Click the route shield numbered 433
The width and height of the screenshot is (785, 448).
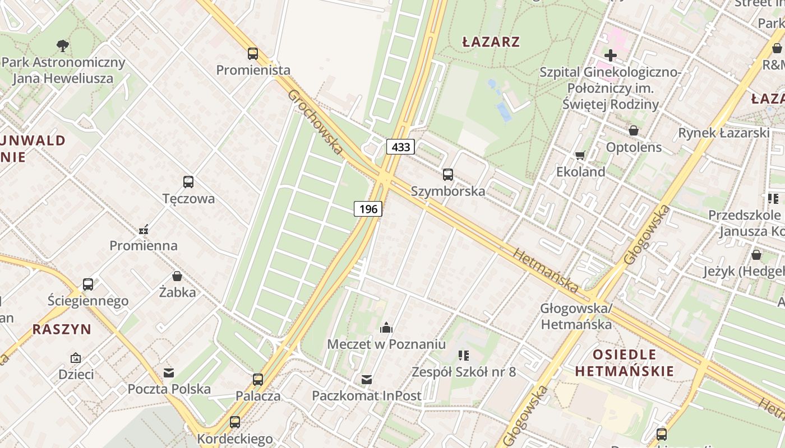pos(400,147)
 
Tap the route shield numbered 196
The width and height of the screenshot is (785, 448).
pos(368,209)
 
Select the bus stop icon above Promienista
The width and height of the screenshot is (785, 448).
pos(253,54)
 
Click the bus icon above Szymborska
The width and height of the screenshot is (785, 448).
pos(447,174)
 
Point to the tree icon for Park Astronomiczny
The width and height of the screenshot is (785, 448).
pos(63,45)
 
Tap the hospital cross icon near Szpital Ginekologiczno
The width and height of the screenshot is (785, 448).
pos(611,55)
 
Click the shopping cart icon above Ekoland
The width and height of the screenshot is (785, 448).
pos(580,155)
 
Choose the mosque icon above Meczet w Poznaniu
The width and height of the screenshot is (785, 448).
pos(386,328)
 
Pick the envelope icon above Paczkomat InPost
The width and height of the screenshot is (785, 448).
pos(366,380)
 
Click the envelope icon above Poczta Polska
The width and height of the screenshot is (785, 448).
pos(168,372)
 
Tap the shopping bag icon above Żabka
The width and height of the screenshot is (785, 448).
pos(177,276)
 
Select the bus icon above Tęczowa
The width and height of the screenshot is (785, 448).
pos(188,182)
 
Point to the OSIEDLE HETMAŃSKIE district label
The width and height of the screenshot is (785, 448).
pos(624,362)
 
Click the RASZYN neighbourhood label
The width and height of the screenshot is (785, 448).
pos(62,329)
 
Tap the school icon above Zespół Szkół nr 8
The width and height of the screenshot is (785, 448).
pos(463,355)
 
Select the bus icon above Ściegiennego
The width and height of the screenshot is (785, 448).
pos(88,284)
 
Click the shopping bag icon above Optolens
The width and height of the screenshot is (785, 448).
pos(633,131)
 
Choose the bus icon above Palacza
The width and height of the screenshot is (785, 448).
pos(257,380)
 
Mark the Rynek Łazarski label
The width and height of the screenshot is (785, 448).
pos(723,133)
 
